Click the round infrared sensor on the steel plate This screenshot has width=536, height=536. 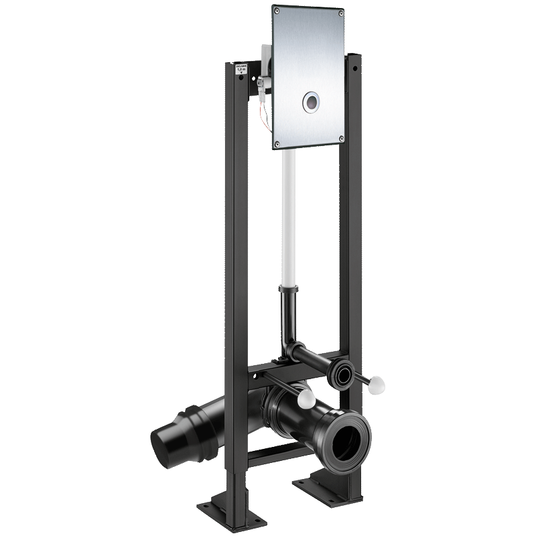point(312,102)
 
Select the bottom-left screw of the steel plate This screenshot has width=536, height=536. point(276,142)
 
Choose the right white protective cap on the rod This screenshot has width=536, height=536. point(378,385)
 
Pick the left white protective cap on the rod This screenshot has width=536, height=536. point(306,399)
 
